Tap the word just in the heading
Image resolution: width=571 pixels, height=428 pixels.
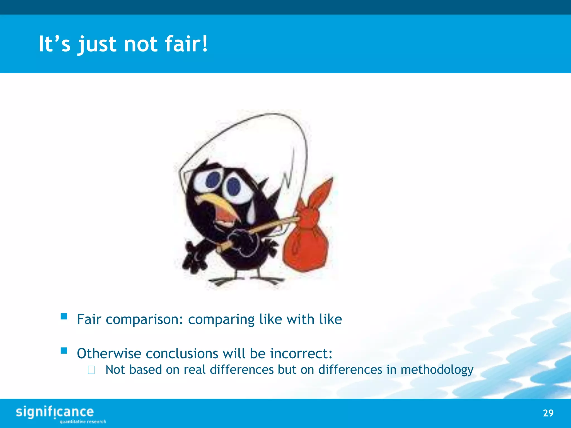tap(97, 45)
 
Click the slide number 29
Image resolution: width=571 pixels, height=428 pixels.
tap(548, 413)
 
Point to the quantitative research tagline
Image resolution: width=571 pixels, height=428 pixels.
tap(83, 422)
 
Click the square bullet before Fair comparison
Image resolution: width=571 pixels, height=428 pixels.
tap(64, 316)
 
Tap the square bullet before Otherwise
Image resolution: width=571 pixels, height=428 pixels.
tap(64, 351)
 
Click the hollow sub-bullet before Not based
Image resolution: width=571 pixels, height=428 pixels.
tap(91, 370)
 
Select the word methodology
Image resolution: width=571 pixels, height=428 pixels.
tap(437, 370)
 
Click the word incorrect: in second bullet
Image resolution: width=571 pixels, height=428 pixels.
tap(301, 353)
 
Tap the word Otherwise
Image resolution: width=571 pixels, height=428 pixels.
tap(109, 353)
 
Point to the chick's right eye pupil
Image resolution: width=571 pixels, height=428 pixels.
tap(234, 186)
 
